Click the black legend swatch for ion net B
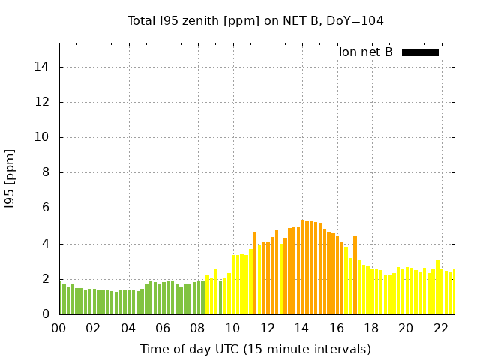tap(420, 52)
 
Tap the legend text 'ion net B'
tap(365, 52)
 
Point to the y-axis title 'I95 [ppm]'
tap(10, 179)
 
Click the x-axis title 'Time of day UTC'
tap(256, 349)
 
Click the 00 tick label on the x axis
tap(58, 328)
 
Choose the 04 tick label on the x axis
tap(128, 328)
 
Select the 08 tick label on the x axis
tap(197, 328)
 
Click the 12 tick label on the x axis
tap(267, 328)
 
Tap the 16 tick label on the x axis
tap(336, 328)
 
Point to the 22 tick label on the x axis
tap(440, 328)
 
